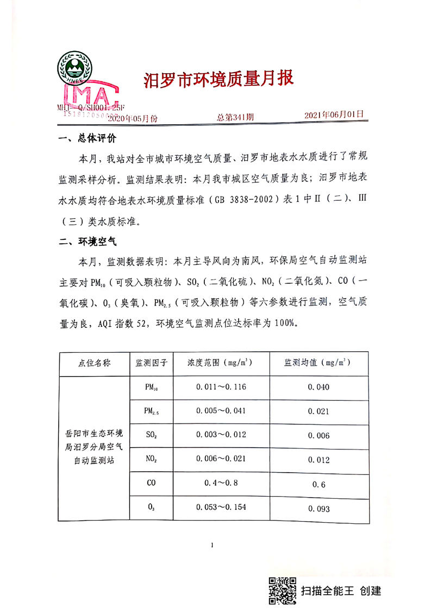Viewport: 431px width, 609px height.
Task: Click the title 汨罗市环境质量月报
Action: pos(218,79)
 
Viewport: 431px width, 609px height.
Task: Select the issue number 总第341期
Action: pos(235,117)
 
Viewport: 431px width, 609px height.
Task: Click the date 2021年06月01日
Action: pos(333,116)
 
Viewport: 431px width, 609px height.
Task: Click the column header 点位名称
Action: pos(95,363)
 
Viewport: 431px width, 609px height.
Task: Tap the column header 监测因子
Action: pos(151,363)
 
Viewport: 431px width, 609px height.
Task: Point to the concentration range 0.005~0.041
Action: pos(220,411)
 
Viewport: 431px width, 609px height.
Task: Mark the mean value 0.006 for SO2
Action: pos(318,436)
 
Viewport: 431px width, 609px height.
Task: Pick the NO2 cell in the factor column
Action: pos(151,459)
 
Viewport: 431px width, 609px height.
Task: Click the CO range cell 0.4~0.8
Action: pos(220,483)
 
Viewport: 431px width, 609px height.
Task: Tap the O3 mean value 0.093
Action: pos(318,509)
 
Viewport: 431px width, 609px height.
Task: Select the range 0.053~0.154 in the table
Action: pos(220,507)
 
